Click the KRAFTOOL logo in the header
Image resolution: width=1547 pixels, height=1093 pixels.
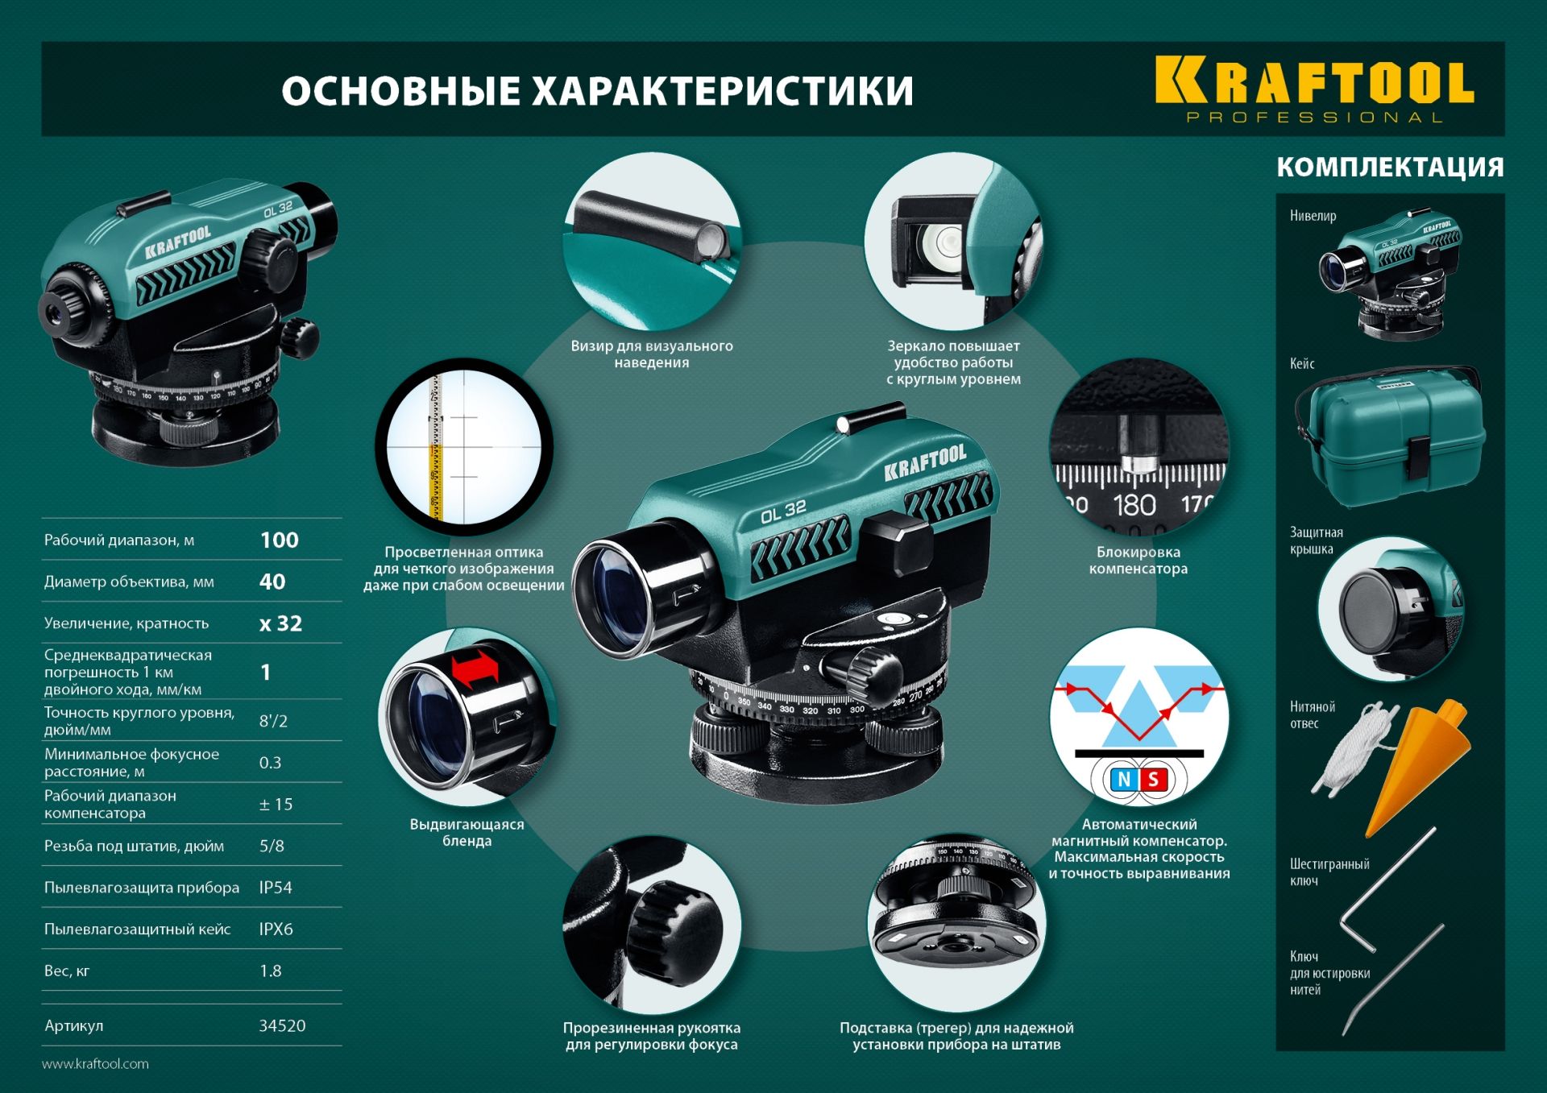[1314, 89]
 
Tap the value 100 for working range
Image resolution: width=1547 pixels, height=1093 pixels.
[279, 540]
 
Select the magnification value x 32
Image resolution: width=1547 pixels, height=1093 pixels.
[280, 623]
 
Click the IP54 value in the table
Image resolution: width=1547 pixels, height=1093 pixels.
[276, 888]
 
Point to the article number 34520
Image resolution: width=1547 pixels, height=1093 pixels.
[282, 1025]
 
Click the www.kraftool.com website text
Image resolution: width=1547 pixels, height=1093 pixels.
[95, 1064]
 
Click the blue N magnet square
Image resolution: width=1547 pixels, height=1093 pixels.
[1123, 780]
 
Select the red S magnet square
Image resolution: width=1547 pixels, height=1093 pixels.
[1154, 780]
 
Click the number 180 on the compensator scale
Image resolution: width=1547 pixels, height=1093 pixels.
[1134, 506]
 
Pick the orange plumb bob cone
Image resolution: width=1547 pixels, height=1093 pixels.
[1418, 765]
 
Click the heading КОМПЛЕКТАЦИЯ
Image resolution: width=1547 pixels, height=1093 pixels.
[1390, 167]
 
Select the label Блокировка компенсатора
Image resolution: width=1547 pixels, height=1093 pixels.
[1138, 560]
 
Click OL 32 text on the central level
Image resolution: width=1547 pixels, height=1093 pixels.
[783, 511]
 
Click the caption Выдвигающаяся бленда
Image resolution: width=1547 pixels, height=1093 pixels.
[467, 832]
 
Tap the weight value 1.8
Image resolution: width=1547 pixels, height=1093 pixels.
[271, 971]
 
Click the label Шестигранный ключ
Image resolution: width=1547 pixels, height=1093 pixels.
[1329, 872]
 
